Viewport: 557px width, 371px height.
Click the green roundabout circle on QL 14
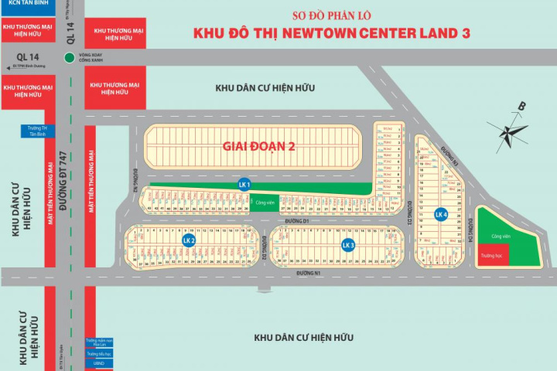click(70, 57)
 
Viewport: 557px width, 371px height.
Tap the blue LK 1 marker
click(244, 184)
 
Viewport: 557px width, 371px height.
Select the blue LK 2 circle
click(187, 240)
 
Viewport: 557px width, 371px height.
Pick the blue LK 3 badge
click(347, 245)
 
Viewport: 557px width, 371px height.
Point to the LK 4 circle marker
click(440, 214)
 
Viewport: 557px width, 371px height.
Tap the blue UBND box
click(94, 365)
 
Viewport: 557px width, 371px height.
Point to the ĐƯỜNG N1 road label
click(307, 273)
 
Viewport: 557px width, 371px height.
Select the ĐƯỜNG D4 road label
click(470, 230)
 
